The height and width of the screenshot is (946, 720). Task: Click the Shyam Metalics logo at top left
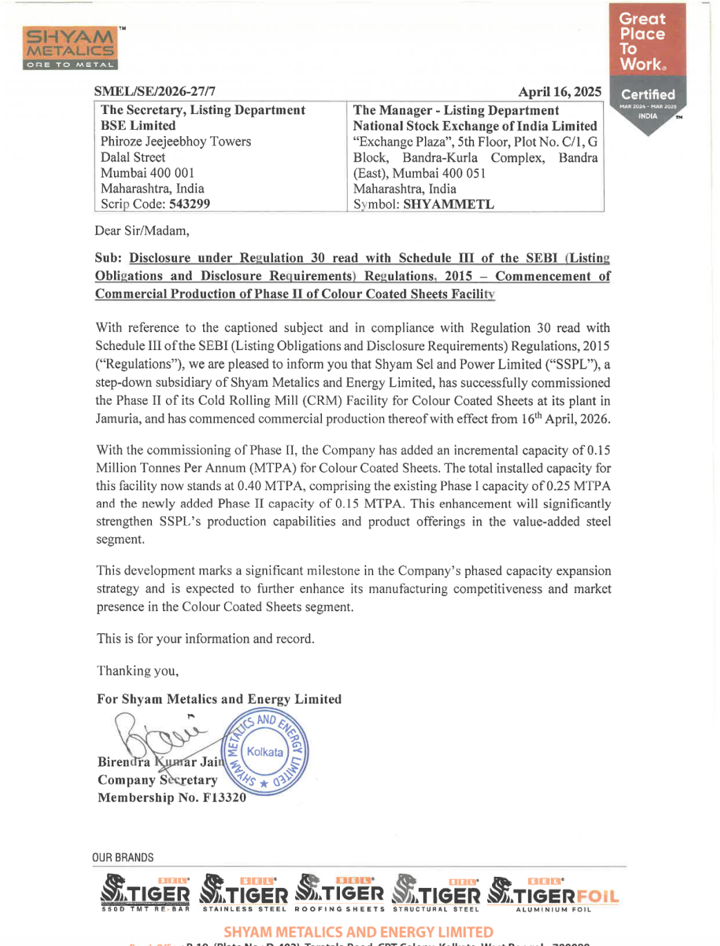[x=70, y=48]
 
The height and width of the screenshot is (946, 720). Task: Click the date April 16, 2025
[x=560, y=92]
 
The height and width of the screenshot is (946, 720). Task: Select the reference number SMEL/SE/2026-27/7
[x=155, y=91]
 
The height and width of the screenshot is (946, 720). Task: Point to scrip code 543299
[x=189, y=204]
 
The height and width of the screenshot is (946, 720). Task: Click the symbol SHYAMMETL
[x=448, y=204]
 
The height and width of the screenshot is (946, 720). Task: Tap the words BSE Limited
[x=138, y=126]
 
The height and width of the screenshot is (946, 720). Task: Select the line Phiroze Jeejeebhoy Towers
[x=176, y=142]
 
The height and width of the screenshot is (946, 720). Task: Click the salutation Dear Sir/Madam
[x=142, y=231]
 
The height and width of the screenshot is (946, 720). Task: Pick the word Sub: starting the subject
[x=108, y=258]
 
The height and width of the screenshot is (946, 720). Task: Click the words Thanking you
[x=138, y=670]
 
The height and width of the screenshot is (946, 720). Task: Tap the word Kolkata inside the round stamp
[x=265, y=752]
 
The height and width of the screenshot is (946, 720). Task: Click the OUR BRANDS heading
[x=123, y=858]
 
